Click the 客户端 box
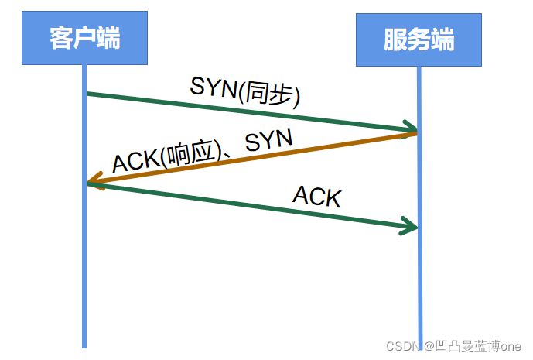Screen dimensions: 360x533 click(84, 37)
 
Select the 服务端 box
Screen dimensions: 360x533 click(419, 39)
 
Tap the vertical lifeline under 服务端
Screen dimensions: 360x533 click(419, 294)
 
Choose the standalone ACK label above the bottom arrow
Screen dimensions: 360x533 click(316, 196)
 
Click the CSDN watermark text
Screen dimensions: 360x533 click(401, 345)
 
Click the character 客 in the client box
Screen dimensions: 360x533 click(61, 37)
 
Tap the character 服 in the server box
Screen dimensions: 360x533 click(395, 39)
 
